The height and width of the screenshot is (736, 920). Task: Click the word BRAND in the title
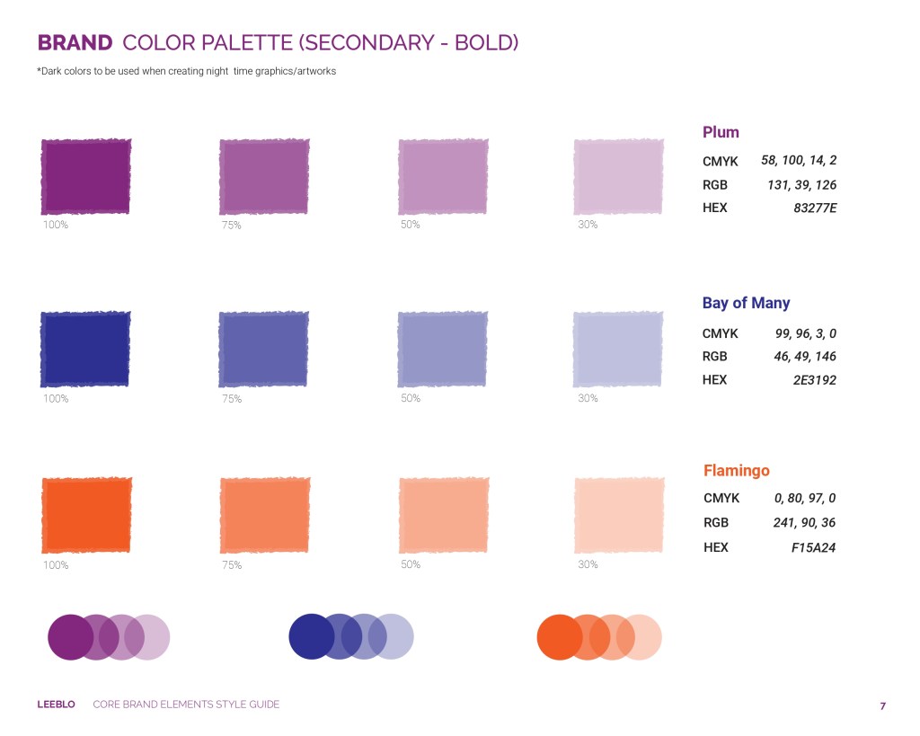75,43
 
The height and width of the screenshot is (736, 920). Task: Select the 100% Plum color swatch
85,177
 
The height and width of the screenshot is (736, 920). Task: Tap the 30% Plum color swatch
618,177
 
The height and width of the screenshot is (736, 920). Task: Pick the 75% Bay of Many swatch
263,350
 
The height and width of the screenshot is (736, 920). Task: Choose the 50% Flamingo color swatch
444,515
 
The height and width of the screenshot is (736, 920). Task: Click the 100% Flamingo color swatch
86,515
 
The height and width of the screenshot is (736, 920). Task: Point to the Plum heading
721,133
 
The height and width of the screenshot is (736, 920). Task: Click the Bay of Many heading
746,303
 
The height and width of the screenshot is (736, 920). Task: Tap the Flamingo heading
737,470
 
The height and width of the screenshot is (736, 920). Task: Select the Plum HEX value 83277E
815,208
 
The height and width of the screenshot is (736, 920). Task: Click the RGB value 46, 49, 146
805,356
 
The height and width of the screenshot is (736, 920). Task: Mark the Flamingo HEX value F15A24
813,547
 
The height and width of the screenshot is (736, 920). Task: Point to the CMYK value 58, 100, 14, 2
799,160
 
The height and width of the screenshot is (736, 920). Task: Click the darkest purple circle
70,637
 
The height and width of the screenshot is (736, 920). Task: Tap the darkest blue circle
312,637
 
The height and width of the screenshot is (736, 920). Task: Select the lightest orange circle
639,637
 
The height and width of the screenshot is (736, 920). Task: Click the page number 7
882,706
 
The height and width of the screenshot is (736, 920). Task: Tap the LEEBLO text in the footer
56,705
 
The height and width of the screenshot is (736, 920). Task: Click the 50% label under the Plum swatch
410,224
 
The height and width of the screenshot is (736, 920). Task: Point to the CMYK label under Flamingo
721,498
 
